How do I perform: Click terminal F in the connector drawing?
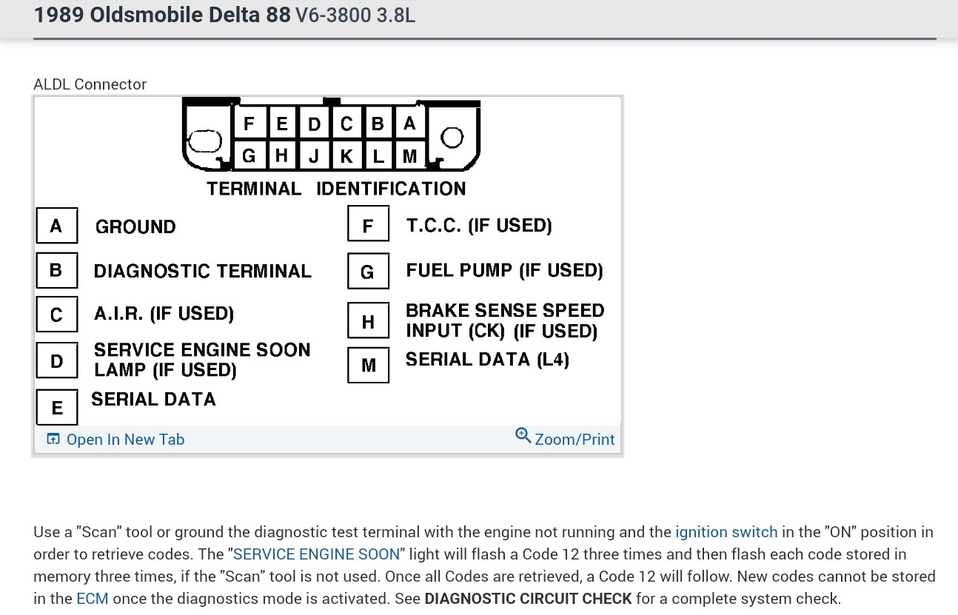click(x=249, y=123)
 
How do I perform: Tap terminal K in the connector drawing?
click(x=346, y=156)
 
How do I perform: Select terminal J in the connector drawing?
click(x=314, y=156)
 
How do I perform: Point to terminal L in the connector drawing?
click(x=378, y=156)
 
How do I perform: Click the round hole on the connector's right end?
click(x=452, y=137)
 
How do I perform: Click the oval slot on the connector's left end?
click(x=206, y=140)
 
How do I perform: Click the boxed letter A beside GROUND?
click(x=57, y=226)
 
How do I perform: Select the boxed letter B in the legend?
click(x=57, y=270)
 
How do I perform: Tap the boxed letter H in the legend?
click(x=368, y=321)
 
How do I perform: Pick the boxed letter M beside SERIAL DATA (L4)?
click(x=368, y=365)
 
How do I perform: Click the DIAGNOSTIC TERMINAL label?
click(x=202, y=271)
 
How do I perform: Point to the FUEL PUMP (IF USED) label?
click(x=504, y=270)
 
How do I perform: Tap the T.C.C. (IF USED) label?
click(x=479, y=226)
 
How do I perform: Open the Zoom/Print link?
click(x=566, y=438)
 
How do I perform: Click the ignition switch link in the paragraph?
click(x=726, y=532)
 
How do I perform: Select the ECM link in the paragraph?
click(x=93, y=599)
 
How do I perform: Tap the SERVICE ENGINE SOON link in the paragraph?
click(x=316, y=554)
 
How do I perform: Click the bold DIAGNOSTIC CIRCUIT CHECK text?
click(x=528, y=599)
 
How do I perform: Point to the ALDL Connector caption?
click(x=90, y=84)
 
